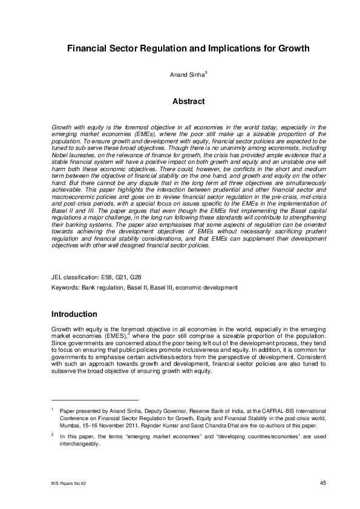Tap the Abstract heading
[x=180, y=102]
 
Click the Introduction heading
[x=74, y=314]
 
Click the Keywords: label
[x=66, y=288]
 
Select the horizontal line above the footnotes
[x=95, y=400]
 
